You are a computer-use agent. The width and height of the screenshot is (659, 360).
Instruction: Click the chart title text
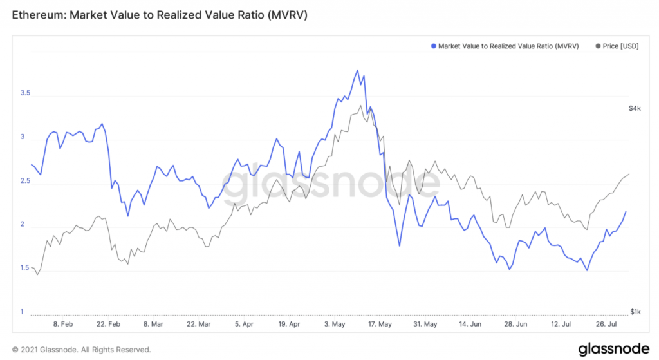coord(160,14)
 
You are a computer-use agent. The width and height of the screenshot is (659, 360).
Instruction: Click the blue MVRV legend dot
coord(433,46)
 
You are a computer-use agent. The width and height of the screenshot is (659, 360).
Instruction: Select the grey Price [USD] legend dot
coord(599,46)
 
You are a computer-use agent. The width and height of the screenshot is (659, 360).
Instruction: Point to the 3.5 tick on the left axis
coord(26,93)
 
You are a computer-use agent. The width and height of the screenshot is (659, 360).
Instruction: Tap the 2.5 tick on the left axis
coord(26,181)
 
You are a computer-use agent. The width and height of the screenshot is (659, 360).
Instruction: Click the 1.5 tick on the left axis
coord(26,269)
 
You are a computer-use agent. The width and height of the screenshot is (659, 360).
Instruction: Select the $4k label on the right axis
coord(635,109)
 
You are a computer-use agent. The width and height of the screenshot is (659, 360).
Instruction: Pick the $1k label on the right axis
coord(635,312)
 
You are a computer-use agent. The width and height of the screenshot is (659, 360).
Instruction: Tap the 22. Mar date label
coord(198,324)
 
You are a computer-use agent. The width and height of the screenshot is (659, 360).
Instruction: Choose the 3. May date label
coord(337,324)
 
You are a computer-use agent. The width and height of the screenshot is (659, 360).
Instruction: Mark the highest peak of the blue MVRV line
coord(357,70)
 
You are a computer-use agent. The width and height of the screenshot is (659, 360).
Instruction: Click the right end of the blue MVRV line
coord(626,211)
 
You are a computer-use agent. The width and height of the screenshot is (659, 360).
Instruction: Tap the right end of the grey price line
coord(629,174)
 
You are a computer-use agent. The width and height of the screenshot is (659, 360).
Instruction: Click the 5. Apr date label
coord(244,324)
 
